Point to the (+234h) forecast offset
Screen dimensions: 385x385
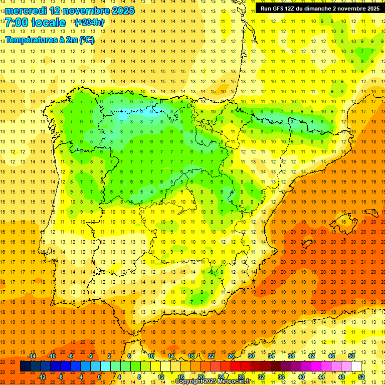click(x=89, y=23)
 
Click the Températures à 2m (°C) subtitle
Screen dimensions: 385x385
click(x=50, y=40)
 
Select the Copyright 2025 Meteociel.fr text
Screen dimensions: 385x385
click(x=213, y=381)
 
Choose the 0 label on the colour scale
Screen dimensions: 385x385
click(x=99, y=376)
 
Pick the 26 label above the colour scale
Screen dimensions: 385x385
click(x=231, y=356)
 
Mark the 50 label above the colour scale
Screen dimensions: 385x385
click(x=351, y=356)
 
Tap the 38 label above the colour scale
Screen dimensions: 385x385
click(x=291, y=356)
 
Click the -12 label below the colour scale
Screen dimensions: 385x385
click(x=42, y=376)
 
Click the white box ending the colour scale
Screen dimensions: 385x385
click(x=356, y=366)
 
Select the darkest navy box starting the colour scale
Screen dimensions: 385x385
click(x=25, y=366)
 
